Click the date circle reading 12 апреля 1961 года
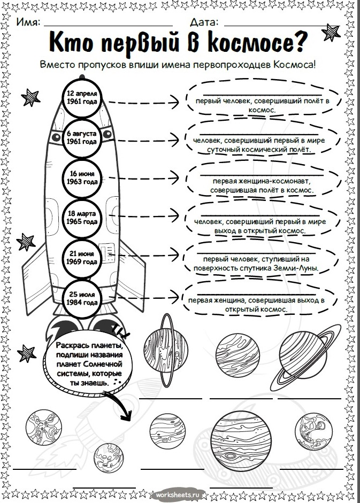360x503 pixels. coord(82,97)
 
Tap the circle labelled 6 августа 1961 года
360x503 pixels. coord(82,137)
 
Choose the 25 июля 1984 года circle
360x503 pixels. coord(82,298)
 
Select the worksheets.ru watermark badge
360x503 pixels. coord(180,495)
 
